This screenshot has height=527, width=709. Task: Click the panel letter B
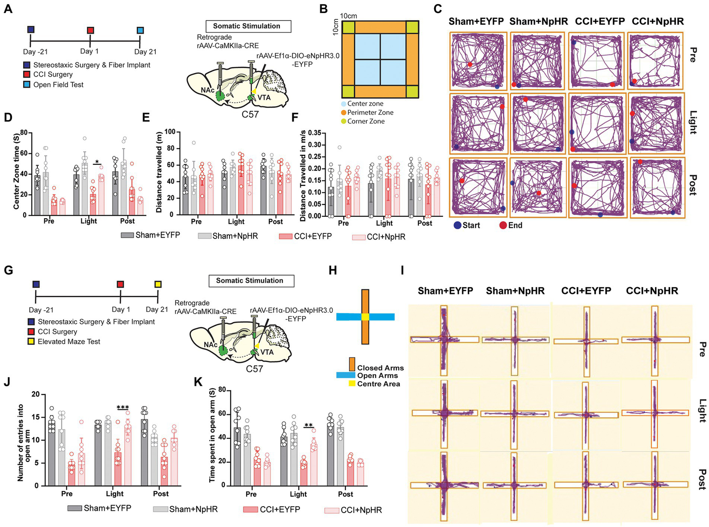(324, 9)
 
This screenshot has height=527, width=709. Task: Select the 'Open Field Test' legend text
(58, 84)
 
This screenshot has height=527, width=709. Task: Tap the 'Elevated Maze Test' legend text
(69, 341)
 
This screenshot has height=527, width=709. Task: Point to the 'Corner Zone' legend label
(366, 121)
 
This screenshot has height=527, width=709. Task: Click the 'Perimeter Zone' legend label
(370, 113)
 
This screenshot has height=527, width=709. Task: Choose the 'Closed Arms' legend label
(380, 368)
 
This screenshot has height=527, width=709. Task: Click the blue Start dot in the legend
(457, 225)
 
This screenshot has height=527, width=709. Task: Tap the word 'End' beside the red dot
(515, 225)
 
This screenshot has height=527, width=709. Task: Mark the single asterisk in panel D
(97, 162)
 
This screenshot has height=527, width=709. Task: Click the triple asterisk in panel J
(122, 407)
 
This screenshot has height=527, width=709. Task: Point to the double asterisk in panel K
(309, 425)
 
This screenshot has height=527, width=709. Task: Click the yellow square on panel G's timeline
(158, 284)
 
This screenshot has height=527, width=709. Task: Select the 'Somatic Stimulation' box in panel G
(249, 281)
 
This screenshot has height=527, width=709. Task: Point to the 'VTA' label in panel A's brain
(264, 97)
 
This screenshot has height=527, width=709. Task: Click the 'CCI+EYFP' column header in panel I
(586, 291)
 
